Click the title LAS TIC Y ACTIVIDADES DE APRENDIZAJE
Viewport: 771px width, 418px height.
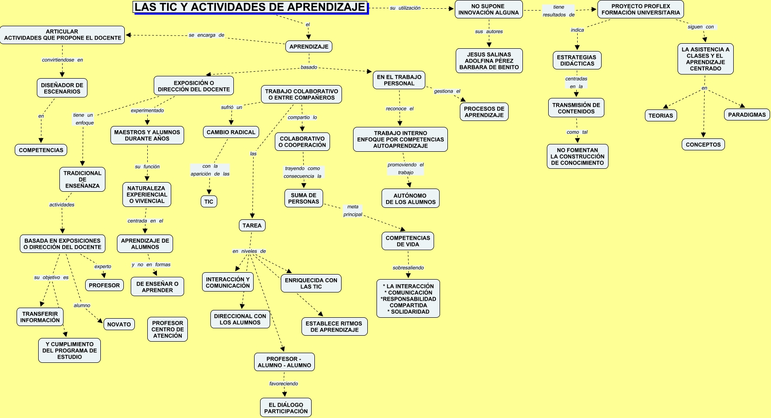(x=250, y=7)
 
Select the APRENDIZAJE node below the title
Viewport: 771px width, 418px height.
(x=309, y=46)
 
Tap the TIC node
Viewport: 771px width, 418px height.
(x=209, y=201)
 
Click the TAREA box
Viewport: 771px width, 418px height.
(x=252, y=225)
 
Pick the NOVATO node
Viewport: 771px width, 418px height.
(x=119, y=324)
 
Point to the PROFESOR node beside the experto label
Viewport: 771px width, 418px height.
(x=104, y=285)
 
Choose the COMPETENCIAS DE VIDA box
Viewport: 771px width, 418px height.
(x=408, y=241)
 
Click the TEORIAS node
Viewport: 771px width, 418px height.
(x=661, y=115)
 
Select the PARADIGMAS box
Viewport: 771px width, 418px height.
(x=747, y=115)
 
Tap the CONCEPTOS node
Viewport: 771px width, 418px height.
(x=703, y=144)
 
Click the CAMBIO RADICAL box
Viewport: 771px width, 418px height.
(x=231, y=132)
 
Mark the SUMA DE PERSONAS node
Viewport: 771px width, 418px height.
(x=303, y=198)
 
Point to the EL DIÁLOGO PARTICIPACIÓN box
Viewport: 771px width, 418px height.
(x=286, y=408)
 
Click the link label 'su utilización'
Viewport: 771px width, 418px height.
(x=405, y=8)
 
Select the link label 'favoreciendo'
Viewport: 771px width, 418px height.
(x=284, y=384)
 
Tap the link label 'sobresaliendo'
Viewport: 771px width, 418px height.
(x=408, y=268)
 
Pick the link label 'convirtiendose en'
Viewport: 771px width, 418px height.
(x=63, y=60)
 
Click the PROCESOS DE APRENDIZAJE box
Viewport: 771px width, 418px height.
(x=484, y=112)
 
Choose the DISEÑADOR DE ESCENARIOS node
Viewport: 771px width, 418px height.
(x=62, y=88)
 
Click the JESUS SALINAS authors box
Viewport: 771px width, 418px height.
(x=489, y=61)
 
